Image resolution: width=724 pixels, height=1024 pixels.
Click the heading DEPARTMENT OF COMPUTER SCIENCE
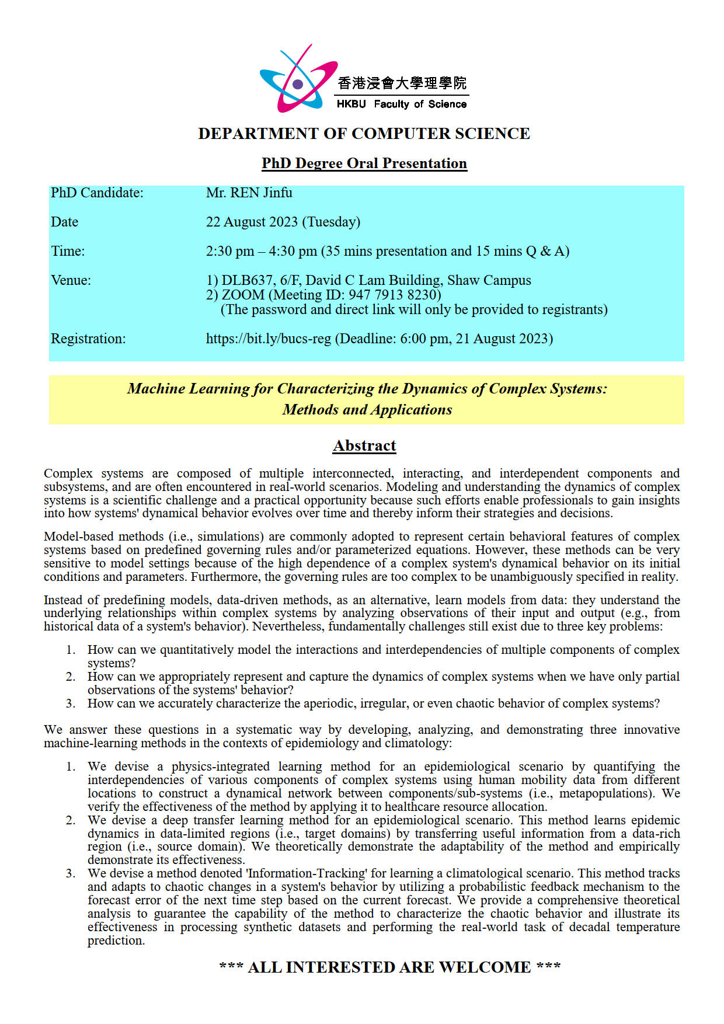coord(364,134)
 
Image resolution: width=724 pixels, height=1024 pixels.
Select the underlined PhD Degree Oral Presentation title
coord(364,163)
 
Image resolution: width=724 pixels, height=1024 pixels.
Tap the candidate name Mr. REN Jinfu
coord(249,193)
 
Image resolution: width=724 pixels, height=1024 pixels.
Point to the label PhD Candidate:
coord(97,193)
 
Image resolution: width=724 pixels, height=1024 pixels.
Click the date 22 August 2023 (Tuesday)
coord(283,222)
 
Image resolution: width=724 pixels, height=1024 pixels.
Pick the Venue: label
coord(71,280)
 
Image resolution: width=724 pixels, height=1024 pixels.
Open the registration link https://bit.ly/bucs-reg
coord(268,339)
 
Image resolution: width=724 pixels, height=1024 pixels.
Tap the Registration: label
coord(88,339)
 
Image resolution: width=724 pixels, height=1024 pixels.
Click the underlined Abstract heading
coord(364,446)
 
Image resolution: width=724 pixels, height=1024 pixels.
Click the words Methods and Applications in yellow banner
coord(367,410)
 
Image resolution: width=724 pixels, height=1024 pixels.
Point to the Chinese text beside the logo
coord(402,83)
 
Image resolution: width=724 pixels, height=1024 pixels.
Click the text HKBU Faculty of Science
coord(402,105)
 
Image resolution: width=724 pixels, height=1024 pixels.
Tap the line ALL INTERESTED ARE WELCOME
coord(389,967)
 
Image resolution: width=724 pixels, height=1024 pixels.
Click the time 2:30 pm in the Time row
coord(230,251)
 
